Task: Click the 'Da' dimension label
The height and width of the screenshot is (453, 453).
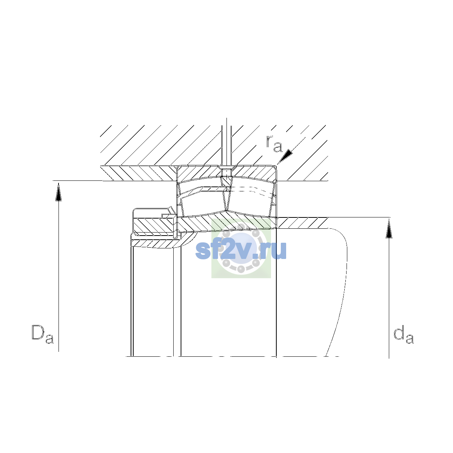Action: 43,334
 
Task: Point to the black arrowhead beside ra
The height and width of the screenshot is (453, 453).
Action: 286,156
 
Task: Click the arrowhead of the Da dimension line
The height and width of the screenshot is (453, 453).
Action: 59,192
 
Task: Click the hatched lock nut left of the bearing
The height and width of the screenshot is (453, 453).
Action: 154,225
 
